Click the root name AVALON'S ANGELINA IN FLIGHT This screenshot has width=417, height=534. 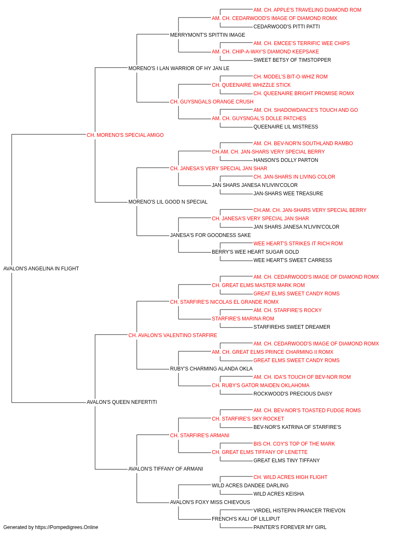(41, 269)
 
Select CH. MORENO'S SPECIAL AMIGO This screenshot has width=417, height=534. (125, 135)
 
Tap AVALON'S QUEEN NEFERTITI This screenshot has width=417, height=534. (122, 402)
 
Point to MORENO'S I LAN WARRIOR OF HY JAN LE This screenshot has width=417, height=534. (179, 68)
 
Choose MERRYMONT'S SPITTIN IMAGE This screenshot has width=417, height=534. (208, 35)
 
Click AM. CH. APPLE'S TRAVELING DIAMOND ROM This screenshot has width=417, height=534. (307, 10)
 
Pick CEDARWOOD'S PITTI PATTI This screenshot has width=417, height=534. (286, 27)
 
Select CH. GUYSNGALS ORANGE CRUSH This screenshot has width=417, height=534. (212, 102)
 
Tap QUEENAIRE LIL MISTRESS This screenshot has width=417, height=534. (286, 127)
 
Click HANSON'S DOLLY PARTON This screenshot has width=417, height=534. (286, 160)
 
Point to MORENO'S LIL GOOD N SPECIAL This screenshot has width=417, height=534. (168, 202)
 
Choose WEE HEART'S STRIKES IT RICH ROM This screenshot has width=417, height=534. (298, 244)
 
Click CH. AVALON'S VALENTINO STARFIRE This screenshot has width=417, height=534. (173, 335)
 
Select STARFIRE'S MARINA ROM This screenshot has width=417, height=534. (243, 319)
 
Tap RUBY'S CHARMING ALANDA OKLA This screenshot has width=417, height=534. (211, 369)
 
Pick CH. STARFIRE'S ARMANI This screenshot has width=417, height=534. (200, 436)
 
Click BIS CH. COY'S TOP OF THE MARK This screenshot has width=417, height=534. (294, 444)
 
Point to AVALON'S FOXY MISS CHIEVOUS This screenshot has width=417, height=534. (210, 502)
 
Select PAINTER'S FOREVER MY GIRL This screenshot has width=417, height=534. (290, 527)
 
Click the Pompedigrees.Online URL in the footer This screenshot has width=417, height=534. (67, 527)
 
